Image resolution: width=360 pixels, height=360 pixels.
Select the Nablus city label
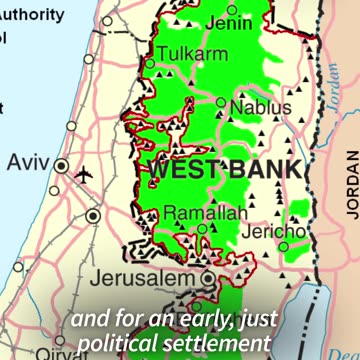[261, 107]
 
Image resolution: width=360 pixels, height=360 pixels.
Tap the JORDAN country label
[351, 185]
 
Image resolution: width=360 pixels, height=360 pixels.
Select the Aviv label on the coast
[27, 163]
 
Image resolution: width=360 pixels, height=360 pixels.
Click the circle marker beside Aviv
[61, 166]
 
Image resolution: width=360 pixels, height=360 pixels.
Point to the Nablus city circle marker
[221, 102]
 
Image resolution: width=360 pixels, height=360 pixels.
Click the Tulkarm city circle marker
[150, 63]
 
